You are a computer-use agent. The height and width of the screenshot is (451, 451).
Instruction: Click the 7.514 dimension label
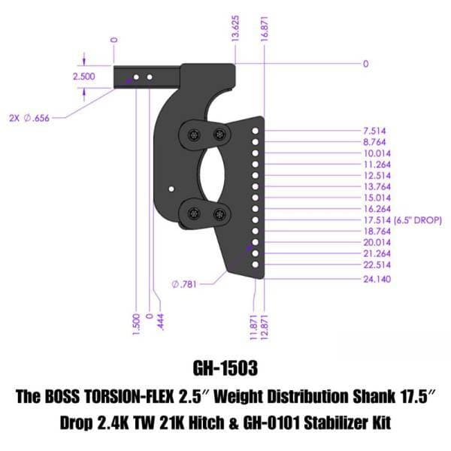pos(374,131)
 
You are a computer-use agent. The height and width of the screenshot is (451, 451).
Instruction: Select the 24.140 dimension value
pos(377,279)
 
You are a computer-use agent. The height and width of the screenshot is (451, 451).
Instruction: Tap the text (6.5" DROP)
pos(418,220)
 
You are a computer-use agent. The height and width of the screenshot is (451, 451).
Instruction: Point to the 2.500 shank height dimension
pos(83,77)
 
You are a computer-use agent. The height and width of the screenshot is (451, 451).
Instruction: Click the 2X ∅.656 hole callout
pos(29,118)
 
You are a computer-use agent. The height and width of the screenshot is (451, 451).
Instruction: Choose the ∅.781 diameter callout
pos(184,284)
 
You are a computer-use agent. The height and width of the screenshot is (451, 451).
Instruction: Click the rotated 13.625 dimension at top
pos(235,29)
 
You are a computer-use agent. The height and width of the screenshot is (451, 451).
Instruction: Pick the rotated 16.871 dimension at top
pos(264,29)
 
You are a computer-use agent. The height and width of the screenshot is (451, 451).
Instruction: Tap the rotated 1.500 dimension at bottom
pos(136,324)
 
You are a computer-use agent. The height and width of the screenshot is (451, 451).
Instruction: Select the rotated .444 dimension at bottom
pos(161,322)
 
